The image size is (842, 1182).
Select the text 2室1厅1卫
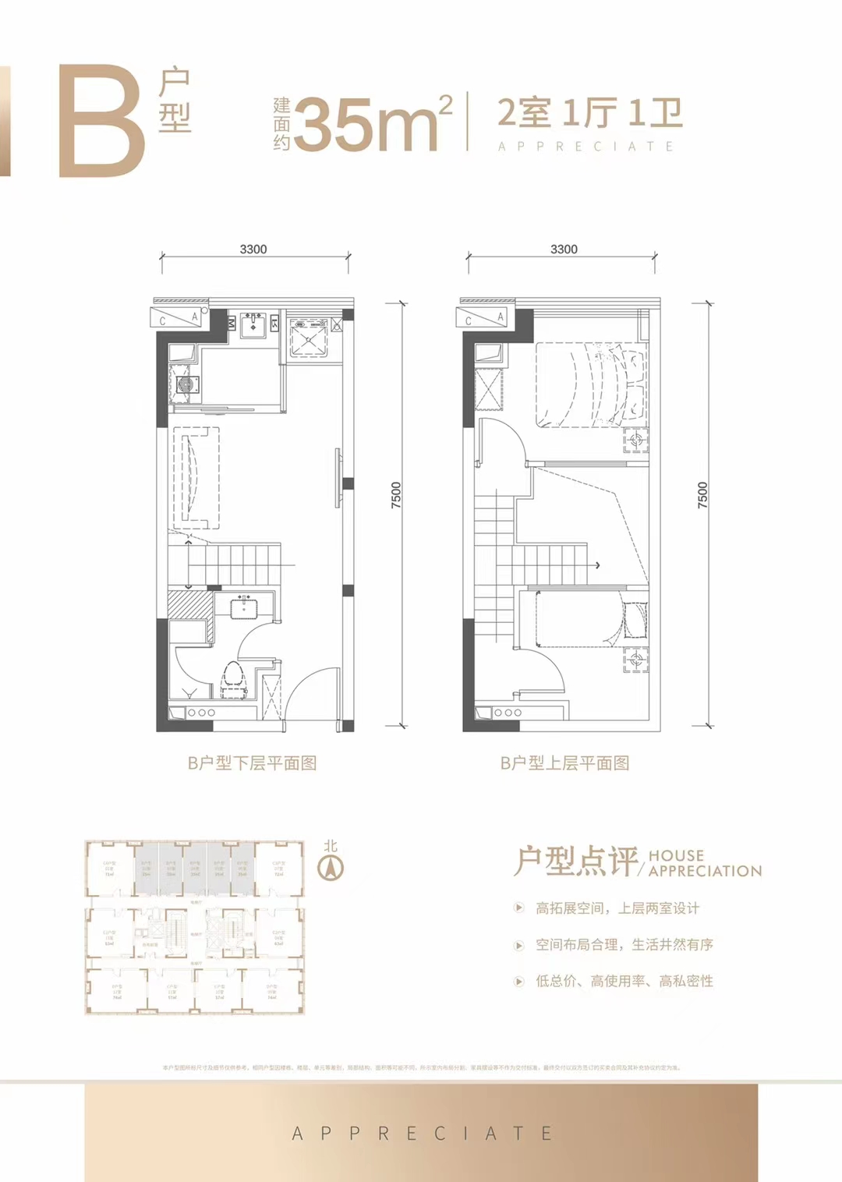click(x=589, y=113)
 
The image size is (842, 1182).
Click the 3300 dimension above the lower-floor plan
click(x=253, y=249)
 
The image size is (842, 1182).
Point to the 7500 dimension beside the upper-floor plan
click(x=702, y=496)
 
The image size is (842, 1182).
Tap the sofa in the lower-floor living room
click(x=195, y=477)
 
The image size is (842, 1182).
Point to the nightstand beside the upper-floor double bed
click(x=636, y=441)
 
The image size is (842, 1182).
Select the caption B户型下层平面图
click(x=253, y=763)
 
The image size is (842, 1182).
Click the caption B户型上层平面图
click(x=564, y=763)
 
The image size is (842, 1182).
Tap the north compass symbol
click(x=331, y=866)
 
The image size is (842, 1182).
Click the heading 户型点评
click(x=575, y=862)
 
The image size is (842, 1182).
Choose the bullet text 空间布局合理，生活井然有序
click(x=624, y=945)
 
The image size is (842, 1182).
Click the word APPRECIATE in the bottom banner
click(x=422, y=1134)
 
